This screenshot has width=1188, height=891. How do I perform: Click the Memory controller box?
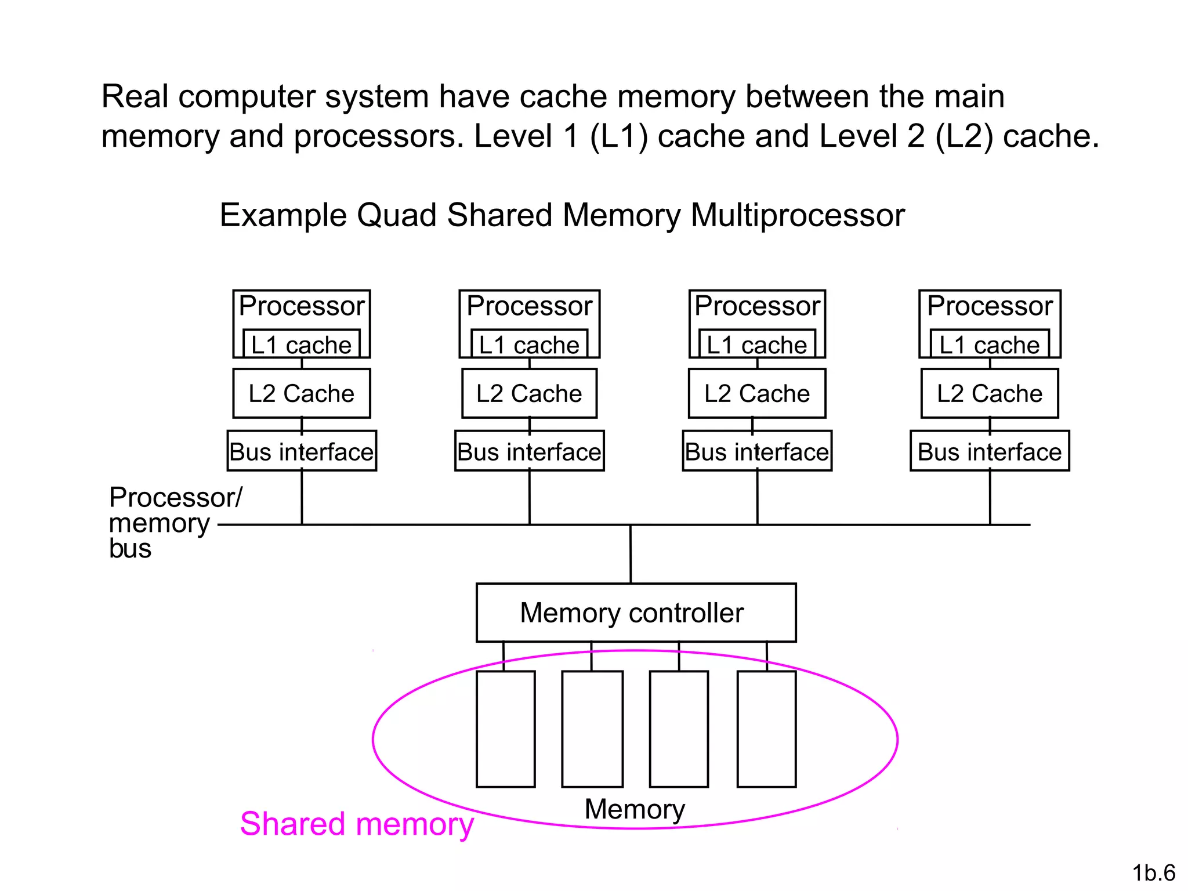[636, 613]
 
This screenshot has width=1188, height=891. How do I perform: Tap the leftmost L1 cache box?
[301, 345]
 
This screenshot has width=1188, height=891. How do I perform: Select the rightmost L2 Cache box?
[990, 393]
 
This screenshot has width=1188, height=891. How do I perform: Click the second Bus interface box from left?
[529, 451]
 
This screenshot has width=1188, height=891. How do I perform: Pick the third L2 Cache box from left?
[756, 393]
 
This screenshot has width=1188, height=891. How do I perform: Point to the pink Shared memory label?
[357, 824]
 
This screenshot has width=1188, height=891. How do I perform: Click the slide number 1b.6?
[1153, 872]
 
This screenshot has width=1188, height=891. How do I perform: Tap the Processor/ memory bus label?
[160, 522]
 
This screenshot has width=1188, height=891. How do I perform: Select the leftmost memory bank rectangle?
[505, 729]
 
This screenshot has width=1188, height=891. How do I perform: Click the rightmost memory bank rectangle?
[766, 729]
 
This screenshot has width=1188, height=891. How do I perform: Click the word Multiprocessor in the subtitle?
[798, 215]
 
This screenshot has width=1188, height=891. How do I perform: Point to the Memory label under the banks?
[635, 809]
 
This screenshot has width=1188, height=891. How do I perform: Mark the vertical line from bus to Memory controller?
[631, 554]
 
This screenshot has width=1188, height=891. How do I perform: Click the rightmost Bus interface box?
[990, 451]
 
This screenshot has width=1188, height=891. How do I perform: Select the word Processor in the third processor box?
[757, 306]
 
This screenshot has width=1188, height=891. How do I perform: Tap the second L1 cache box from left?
[529, 345]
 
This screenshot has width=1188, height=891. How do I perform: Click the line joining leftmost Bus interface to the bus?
[302, 498]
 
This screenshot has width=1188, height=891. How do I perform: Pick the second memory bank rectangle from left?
[592, 729]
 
